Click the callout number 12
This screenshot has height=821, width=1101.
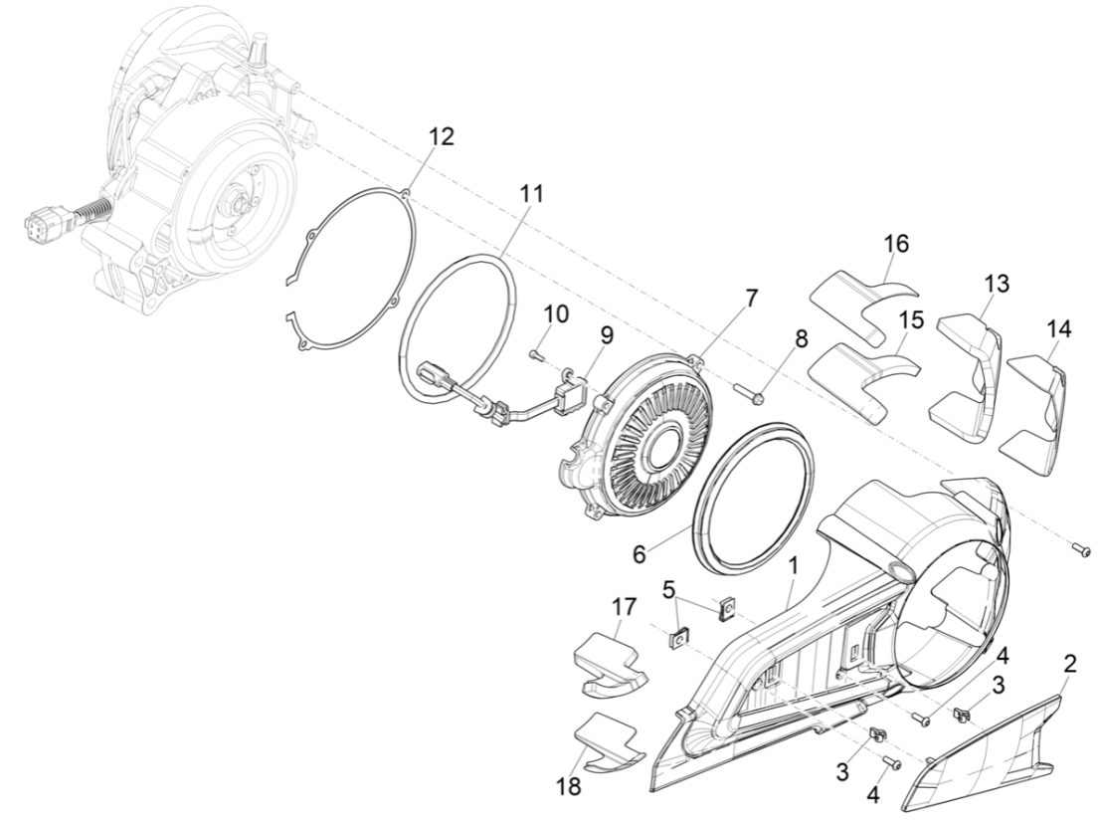[441, 137]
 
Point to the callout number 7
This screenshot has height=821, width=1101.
[751, 298]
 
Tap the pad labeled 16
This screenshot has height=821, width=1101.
[862, 295]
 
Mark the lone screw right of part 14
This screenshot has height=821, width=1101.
[1080, 549]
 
